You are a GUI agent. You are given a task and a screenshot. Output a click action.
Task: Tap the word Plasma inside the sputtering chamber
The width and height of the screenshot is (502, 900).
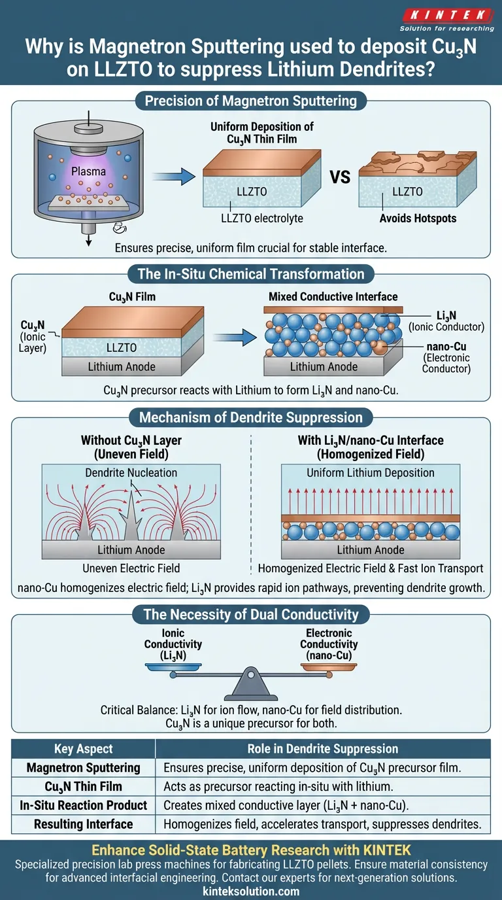coord(88,171)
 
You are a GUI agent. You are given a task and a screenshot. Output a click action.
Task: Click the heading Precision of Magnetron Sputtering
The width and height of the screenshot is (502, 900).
coord(250,101)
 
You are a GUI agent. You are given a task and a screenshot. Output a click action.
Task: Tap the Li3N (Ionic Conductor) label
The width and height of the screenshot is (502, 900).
coord(445,321)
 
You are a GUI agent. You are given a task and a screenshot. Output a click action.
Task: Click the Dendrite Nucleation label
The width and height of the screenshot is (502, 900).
coord(131,473)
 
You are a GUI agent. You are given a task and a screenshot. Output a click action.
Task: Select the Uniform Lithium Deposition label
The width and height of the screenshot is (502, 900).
coord(371,473)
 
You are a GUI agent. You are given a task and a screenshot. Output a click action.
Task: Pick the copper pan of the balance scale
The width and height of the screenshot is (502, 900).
coord(329,667)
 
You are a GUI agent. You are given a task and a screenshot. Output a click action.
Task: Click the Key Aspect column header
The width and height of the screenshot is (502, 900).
coord(83,749)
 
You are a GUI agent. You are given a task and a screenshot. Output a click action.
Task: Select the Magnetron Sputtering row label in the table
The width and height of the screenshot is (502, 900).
coord(83,768)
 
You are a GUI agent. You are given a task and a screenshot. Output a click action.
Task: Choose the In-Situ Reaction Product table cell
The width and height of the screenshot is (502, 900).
coord(83,805)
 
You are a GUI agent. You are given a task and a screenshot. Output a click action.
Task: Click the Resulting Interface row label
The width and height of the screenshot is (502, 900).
coord(83,824)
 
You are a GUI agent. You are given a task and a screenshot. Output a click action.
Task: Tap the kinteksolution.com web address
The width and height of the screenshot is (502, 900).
coord(250,891)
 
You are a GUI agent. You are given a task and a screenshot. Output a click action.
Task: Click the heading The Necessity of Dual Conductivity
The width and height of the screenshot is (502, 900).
coord(250,614)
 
